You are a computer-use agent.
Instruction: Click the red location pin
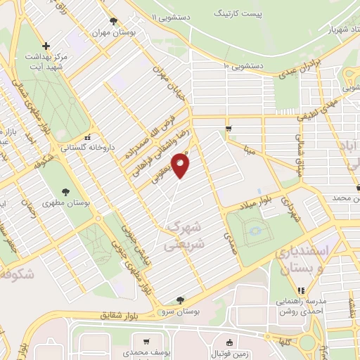pyautogui.click(x=181, y=165)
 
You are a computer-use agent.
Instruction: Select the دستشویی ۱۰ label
pyautogui.click(x=243, y=66)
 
